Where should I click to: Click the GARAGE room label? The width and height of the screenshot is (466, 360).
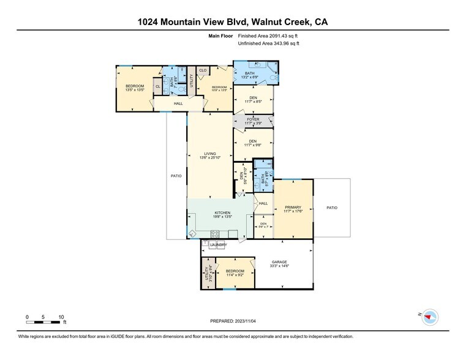tap(279, 262)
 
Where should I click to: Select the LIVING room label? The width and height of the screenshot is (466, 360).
tap(210, 154)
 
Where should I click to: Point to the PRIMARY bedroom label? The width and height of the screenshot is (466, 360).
tap(293, 208)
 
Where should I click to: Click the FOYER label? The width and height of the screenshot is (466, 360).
tap(253, 119)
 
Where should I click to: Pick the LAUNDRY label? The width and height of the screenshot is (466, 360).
tap(218, 245)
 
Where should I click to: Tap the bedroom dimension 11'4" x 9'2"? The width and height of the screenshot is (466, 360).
tap(235, 276)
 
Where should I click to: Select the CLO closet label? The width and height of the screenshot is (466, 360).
tap(203, 70)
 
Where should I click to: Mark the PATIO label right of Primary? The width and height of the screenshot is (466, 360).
tap(331, 208)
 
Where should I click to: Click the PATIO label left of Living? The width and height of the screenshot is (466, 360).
tap(176, 176)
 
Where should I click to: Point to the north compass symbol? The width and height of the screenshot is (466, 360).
tap(431, 317)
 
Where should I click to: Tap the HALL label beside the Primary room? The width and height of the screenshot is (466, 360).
tap(263, 203)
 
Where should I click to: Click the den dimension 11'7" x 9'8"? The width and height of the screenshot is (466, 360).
tap(253, 145)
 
